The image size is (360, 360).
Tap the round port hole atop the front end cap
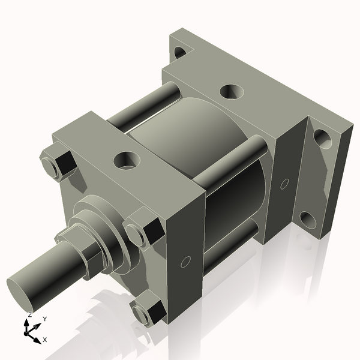(127, 160)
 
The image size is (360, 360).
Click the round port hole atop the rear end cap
(230, 92)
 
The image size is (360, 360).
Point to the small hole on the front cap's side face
(185, 262)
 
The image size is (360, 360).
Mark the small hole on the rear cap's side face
(285, 182)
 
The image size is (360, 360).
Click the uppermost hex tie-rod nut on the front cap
(58, 164)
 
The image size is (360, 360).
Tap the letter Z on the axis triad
(29, 314)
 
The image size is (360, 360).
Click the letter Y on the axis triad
(45, 319)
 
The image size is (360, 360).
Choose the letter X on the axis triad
(45, 340)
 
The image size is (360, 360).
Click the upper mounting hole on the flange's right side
(322, 138)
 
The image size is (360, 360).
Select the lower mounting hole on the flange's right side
(308, 220)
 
